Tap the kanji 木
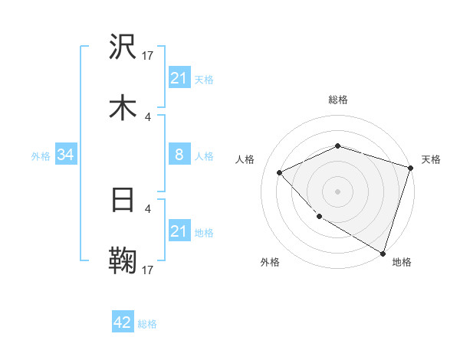123,106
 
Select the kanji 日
123,200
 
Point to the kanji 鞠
123,260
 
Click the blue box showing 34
66,155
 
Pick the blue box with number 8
179,155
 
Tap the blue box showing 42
123,322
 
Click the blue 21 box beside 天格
179,78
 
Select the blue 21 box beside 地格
179,231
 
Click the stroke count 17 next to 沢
148,55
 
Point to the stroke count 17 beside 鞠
148,270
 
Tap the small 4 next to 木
148,116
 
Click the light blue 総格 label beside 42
148,324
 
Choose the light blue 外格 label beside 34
41,156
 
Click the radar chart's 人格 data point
280,172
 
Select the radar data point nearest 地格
382,252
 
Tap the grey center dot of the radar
338,191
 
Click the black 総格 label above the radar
338,100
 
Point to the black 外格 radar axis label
270,263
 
